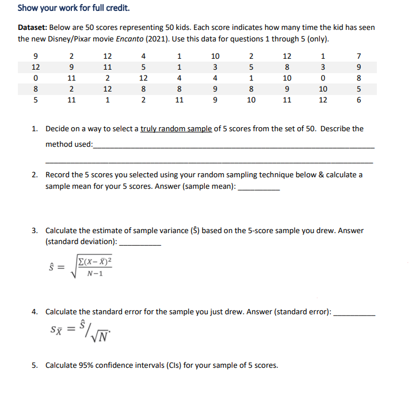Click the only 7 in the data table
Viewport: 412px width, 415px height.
[x=359, y=56]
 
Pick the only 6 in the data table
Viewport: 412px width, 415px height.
[x=359, y=100]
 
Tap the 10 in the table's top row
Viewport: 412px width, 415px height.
[x=215, y=56]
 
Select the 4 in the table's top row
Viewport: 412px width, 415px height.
[x=143, y=56]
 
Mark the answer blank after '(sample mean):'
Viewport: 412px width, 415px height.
[x=258, y=188]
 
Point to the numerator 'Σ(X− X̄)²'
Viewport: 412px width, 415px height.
[x=95, y=262]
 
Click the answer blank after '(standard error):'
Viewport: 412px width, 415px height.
[x=354, y=314]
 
